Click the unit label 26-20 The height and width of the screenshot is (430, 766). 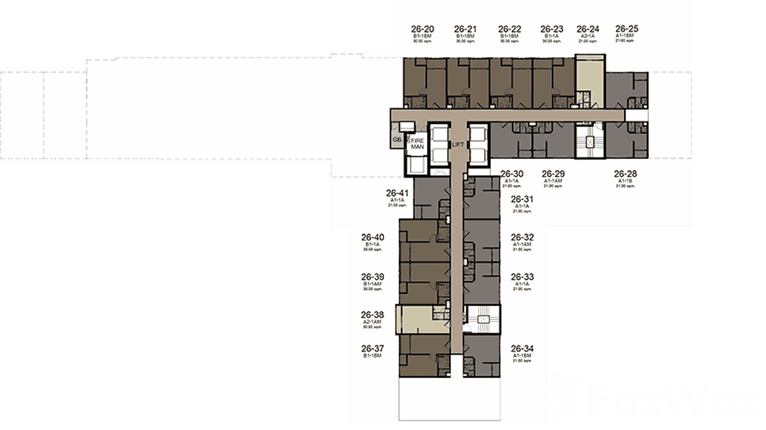tap(423, 29)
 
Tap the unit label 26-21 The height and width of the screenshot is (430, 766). tap(465, 29)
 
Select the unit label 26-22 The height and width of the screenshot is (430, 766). tap(510, 29)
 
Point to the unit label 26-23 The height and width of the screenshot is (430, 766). tap(552, 29)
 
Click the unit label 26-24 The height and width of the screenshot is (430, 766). tap(588, 29)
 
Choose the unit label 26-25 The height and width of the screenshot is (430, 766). tap(627, 28)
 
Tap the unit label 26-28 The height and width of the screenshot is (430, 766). tap(626, 174)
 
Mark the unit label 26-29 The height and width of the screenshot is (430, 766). tap(553, 174)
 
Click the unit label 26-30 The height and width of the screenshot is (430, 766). tap(511, 174)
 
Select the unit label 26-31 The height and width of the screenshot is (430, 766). tap(522, 199)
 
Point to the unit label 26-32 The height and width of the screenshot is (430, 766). tap(522, 237)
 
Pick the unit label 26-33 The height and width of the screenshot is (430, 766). tap(522, 277)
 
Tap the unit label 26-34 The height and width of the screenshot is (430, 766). tap(522, 348)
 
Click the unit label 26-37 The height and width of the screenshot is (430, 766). tap(372, 348)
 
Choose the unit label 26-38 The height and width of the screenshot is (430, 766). tap(372, 314)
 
